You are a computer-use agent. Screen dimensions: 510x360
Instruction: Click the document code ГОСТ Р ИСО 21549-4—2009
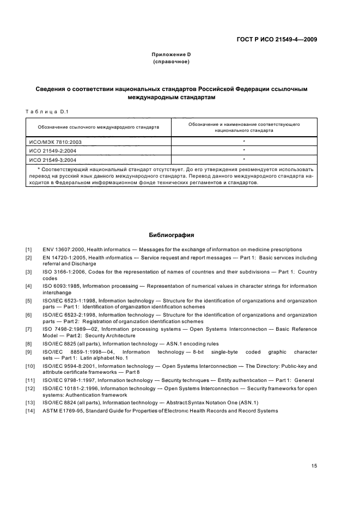point(278,39)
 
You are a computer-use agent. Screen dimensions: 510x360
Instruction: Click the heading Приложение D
point(171,54)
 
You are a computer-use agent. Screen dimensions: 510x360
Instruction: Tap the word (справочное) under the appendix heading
point(171,62)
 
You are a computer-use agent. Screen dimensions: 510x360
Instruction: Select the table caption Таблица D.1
point(46,112)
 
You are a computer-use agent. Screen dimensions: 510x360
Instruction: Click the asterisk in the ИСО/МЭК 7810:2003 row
point(244,141)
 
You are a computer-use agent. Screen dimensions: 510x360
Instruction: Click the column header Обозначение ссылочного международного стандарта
point(99,127)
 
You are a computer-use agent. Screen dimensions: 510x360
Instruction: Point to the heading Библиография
point(172,235)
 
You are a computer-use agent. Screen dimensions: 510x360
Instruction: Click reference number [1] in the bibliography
point(29,250)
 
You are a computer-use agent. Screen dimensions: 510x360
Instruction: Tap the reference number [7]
point(29,329)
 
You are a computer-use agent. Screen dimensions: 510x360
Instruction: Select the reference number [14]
point(30,410)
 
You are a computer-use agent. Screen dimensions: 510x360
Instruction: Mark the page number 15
point(314,466)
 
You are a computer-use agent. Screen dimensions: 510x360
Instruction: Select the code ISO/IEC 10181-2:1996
point(71,388)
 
